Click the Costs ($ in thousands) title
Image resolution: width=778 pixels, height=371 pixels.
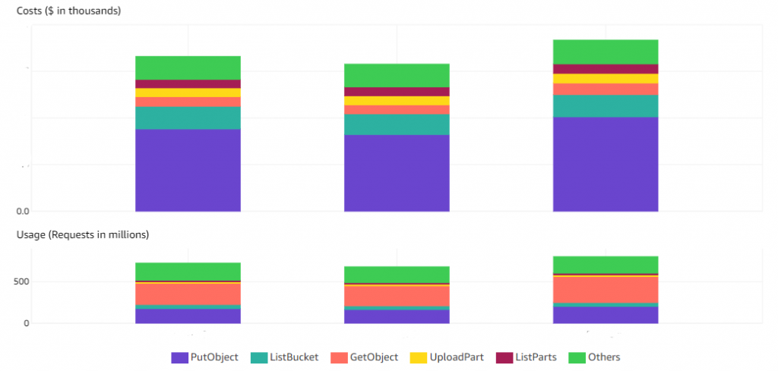coord(68,11)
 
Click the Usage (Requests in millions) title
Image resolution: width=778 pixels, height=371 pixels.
coord(83,234)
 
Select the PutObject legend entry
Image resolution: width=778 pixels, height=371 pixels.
coord(205,357)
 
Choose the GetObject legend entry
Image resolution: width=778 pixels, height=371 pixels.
coord(365,357)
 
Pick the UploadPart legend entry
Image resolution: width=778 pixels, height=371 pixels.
coord(447,357)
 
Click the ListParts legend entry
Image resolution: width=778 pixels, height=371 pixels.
coord(528,357)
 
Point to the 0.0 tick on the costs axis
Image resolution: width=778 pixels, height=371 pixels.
coord(23,211)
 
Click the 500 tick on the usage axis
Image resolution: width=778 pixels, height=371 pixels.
coord(21,281)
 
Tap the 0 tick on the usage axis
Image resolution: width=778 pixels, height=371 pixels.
coord(26,323)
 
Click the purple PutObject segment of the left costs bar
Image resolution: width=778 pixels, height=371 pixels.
coord(188,170)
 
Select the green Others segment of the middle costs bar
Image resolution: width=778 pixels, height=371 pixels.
coord(397,75)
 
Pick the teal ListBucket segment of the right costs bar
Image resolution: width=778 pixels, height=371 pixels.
coord(606,106)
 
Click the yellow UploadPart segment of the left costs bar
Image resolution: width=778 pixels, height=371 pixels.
coord(188,93)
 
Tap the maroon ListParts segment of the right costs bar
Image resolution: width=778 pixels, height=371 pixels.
coord(606,69)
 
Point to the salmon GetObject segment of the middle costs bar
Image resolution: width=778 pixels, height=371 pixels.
coord(397,110)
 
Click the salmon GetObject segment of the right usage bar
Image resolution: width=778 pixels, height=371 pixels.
coord(606,290)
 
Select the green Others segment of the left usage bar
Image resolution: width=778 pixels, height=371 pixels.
coord(188,272)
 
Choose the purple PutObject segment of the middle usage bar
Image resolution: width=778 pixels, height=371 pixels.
coord(397,316)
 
